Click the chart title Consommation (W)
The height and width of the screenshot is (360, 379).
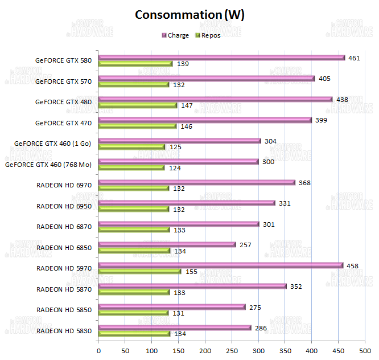(x=189, y=15)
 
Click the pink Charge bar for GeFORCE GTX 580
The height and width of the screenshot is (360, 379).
(x=222, y=58)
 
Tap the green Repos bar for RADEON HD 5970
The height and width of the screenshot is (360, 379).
(x=140, y=272)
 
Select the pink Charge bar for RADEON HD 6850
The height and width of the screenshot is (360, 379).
(x=167, y=244)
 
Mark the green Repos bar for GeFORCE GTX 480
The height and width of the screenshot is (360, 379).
(x=138, y=105)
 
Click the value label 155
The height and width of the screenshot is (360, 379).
(x=192, y=272)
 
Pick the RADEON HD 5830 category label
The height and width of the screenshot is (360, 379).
(x=64, y=330)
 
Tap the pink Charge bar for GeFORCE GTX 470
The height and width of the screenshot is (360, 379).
(x=205, y=120)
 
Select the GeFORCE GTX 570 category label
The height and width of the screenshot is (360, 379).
(x=63, y=81)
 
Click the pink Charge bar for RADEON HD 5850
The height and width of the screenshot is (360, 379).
(x=172, y=307)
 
